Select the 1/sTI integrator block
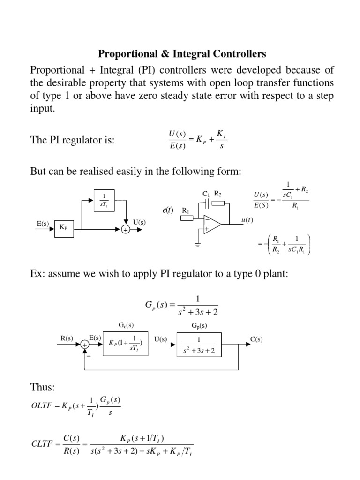click(x=103, y=200)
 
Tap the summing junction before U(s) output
click(x=126, y=230)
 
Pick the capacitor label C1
click(x=205, y=193)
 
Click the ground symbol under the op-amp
click(x=198, y=244)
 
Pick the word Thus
click(x=42, y=388)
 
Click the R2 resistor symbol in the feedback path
click(x=218, y=203)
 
